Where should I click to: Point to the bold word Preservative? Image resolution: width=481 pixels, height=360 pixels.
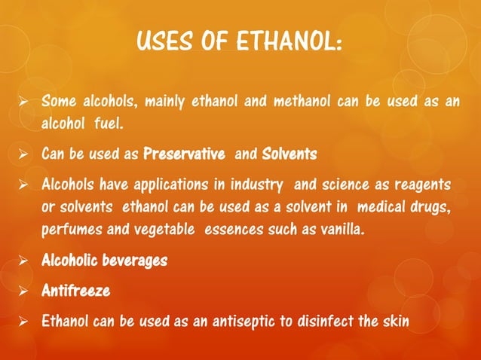tap(184, 154)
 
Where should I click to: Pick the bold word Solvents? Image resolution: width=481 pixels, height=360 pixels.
tap(290, 154)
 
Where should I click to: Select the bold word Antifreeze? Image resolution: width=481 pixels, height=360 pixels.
tap(75, 290)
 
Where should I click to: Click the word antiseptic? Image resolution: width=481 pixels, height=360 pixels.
tap(262, 321)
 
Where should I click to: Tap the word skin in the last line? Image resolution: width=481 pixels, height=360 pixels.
tap(397, 321)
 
